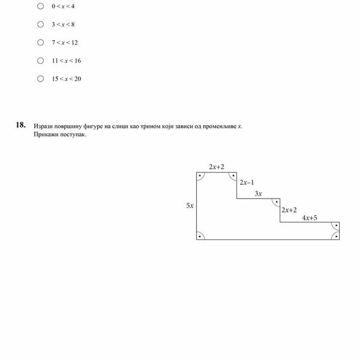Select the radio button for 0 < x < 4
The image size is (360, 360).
40,6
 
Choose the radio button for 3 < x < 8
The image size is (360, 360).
40,24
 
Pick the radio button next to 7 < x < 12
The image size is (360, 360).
40,43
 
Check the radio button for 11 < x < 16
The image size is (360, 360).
40,61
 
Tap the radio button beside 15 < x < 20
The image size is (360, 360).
40,79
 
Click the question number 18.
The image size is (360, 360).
20,125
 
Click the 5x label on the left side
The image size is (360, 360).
190,205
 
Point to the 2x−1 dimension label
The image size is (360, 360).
247,182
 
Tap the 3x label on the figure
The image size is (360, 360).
259,194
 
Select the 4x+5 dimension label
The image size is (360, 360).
310,218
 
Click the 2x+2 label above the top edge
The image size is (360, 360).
217,166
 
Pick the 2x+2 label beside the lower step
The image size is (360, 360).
289,210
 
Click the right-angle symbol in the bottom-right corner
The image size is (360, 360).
336,236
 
